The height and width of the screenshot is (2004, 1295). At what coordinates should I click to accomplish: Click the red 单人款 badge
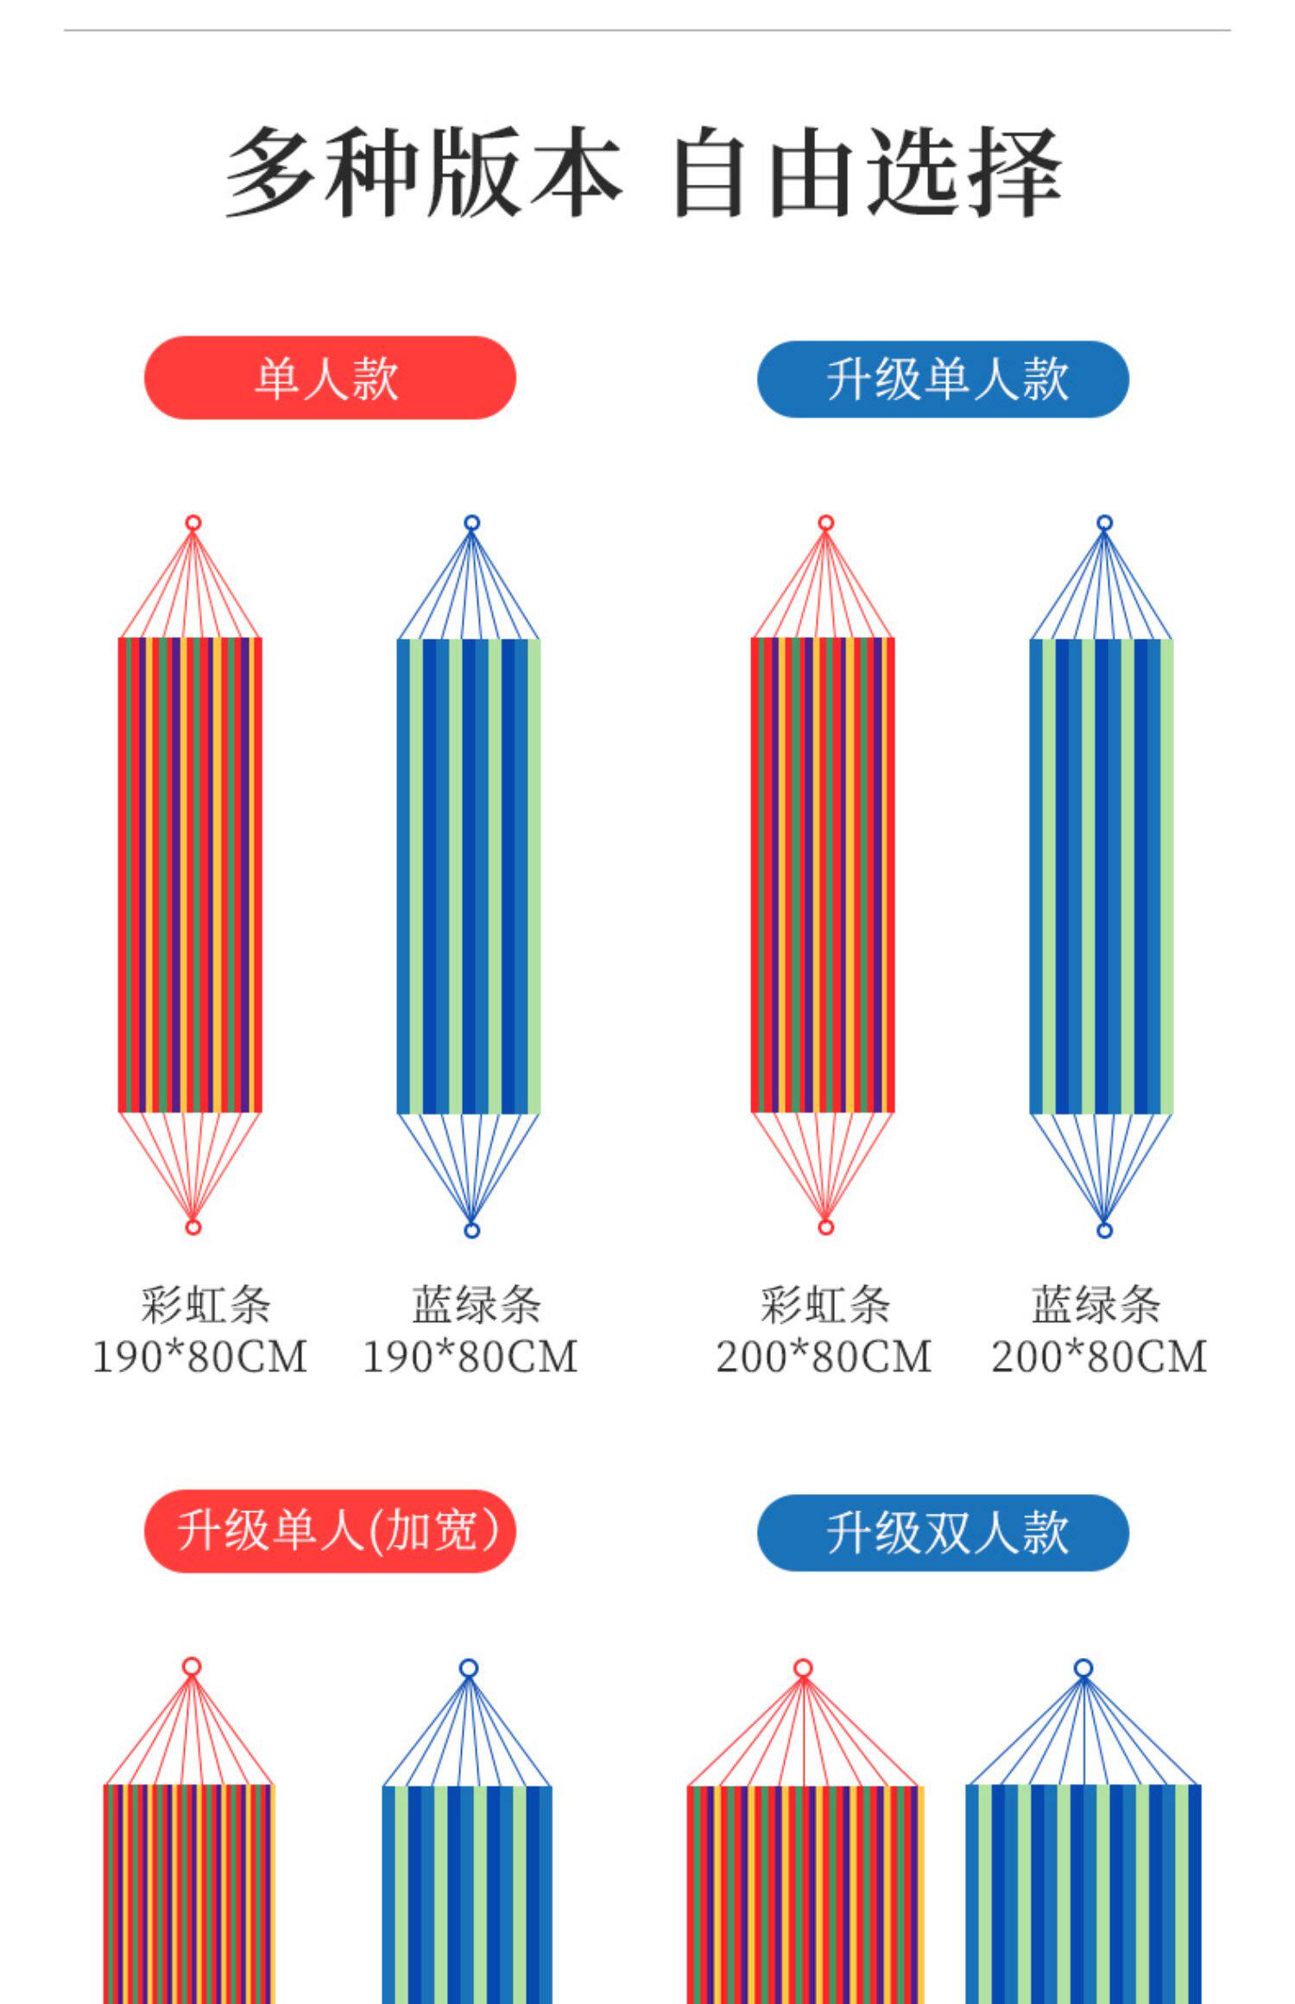329,378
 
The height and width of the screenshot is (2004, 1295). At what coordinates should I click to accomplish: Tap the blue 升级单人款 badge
942,379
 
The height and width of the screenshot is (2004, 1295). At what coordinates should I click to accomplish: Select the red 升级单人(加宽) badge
329,1530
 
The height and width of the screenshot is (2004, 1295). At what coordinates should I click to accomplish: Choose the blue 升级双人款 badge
942,1532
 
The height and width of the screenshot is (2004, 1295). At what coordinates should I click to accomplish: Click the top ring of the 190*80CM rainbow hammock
193,523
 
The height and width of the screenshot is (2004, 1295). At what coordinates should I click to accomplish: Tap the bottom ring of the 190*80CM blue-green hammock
471,1230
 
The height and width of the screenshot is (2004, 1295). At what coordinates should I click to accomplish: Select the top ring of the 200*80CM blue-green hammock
1104,523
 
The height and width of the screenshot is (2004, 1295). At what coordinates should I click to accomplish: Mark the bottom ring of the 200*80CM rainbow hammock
825,1227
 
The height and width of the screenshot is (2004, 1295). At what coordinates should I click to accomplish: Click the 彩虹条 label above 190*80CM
205,1304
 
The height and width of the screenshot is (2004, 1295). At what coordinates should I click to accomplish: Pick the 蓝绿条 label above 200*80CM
1096,1304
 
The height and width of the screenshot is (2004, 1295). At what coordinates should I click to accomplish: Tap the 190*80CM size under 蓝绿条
470,1357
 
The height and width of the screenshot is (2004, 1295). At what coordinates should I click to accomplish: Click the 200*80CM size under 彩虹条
824,1357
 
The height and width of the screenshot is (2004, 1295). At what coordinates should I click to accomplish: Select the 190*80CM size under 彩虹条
199,1357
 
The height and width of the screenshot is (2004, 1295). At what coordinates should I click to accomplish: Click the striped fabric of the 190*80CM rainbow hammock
190,874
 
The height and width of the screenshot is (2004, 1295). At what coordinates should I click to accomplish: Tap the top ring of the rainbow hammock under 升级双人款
803,1668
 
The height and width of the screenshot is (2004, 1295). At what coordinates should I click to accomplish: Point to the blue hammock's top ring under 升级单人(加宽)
469,1668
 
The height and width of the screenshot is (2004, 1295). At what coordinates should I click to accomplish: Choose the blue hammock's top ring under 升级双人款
1083,1668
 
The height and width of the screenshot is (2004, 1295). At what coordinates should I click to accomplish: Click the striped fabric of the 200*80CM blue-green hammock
1102,876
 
